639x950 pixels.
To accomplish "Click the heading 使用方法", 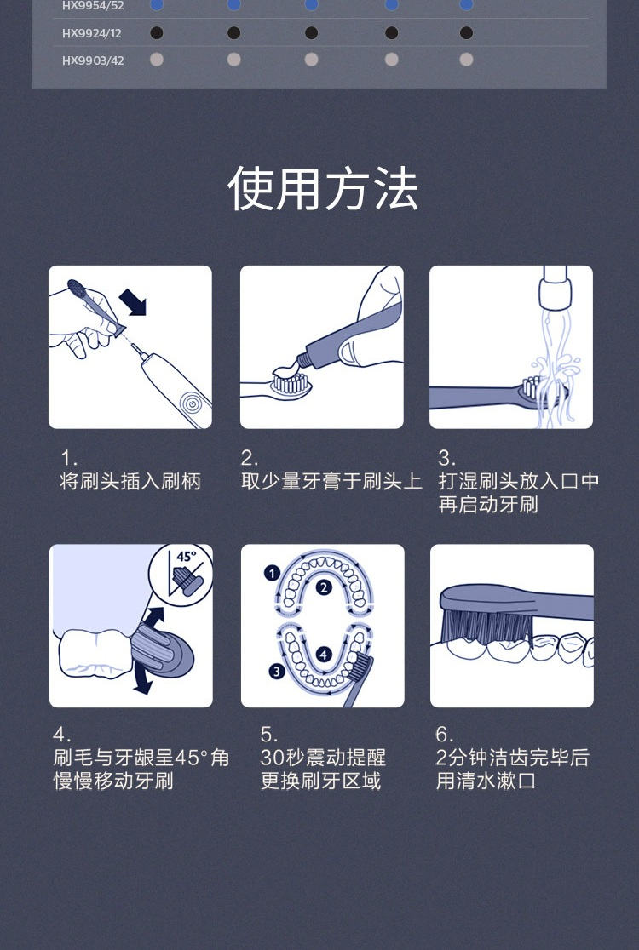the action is click(x=323, y=188).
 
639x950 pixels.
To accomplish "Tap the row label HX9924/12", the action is click(x=91, y=33).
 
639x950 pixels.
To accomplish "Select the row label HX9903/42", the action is click(x=93, y=60).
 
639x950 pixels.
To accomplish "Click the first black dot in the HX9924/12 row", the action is click(x=157, y=32).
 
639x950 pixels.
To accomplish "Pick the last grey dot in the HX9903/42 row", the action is click(x=466, y=60).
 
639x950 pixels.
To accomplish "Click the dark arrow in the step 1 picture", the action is click(x=133, y=301).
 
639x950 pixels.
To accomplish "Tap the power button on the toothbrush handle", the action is click(x=193, y=403).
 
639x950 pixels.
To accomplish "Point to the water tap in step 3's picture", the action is click(x=556, y=289).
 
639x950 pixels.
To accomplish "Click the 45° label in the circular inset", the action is click(x=186, y=556).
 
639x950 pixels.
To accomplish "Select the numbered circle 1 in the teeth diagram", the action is click(x=272, y=573).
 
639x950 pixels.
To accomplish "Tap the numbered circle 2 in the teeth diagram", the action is click(x=324, y=587).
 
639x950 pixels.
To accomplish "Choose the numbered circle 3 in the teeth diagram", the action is click(x=277, y=672).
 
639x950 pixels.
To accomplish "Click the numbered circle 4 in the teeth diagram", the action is click(x=324, y=655).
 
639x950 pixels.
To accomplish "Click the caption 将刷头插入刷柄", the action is click(x=130, y=481).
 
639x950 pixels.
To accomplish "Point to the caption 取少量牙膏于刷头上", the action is click(x=331, y=481).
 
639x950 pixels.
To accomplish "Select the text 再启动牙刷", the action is click(x=488, y=505).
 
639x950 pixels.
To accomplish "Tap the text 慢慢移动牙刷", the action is click(x=113, y=781).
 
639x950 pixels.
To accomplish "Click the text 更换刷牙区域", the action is click(x=320, y=781).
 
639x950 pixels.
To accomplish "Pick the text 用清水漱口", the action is click(x=486, y=781).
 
